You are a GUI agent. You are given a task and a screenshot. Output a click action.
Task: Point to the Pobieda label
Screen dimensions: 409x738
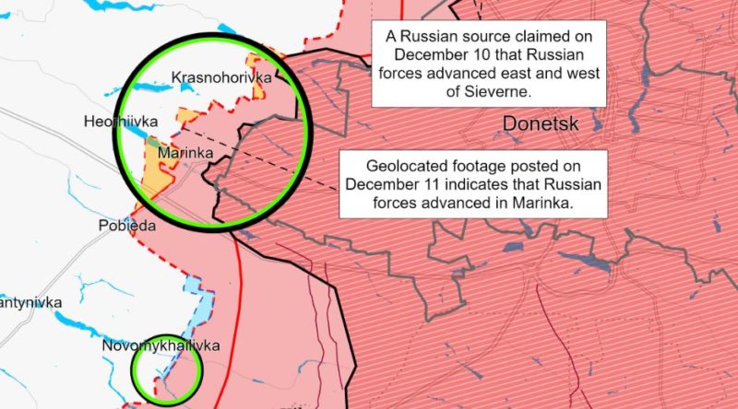[126, 225]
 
